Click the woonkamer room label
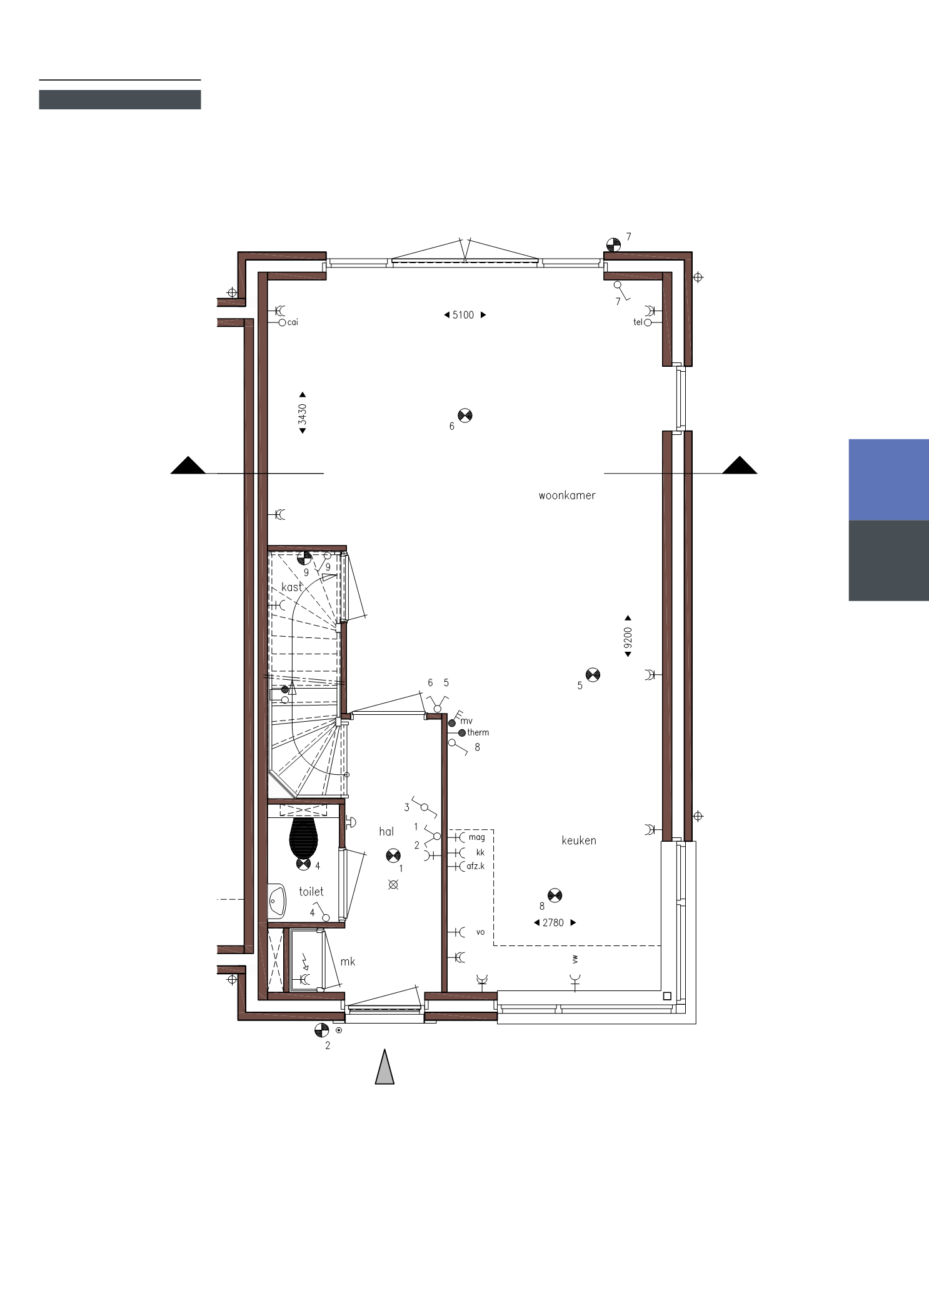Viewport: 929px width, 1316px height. click(x=567, y=496)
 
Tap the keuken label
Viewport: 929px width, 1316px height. click(x=579, y=840)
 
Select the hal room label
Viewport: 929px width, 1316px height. click(x=386, y=832)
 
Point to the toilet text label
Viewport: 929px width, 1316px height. click(x=311, y=892)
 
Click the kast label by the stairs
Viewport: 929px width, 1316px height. click(x=292, y=587)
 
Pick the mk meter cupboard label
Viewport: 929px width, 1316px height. click(x=348, y=962)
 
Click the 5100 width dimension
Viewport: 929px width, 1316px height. click(x=463, y=315)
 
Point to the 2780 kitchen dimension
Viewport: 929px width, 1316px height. click(x=553, y=922)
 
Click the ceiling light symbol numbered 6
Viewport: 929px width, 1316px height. click(x=465, y=416)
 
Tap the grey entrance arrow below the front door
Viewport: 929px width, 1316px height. click(x=384, y=1067)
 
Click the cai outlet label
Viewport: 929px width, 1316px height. click(x=292, y=322)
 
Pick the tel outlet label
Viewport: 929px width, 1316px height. click(x=638, y=322)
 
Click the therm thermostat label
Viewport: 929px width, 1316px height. click(x=478, y=732)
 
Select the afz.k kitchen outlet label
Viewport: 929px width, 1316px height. click(x=476, y=866)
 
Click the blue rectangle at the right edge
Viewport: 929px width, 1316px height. click(x=888, y=480)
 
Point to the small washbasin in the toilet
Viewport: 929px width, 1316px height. click(x=276, y=900)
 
